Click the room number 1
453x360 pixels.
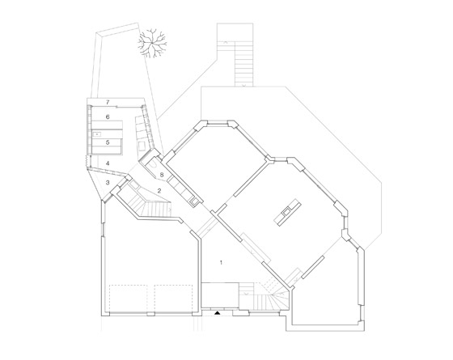click(222, 263)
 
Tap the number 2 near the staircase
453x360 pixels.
click(159, 190)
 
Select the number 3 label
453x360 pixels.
click(108, 183)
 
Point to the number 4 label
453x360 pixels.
click(108, 163)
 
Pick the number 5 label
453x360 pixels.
click(108, 142)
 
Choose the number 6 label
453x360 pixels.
click(108, 117)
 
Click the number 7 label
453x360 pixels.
click(108, 102)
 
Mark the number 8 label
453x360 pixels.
click(162, 175)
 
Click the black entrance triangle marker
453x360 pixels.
click(217, 312)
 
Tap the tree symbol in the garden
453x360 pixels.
click(152, 44)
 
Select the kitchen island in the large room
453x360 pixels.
click(287, 212)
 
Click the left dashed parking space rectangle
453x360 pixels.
click(129, 299)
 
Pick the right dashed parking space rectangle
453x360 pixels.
click(173, 299)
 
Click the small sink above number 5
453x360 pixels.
click(98, 134)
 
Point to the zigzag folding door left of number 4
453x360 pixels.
click(86, 161)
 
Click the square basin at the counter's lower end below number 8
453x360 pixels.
click(195, 201)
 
